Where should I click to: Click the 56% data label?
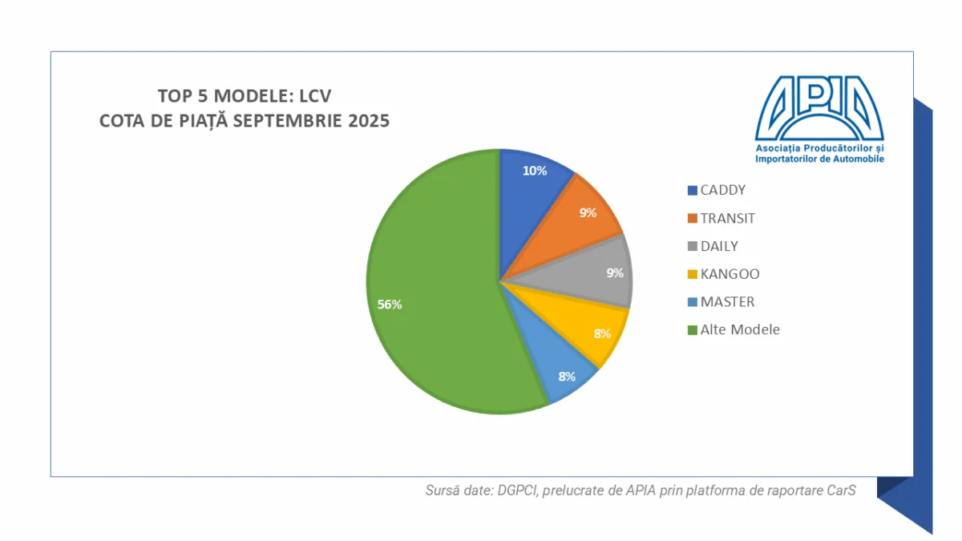[390, 305]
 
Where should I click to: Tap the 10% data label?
[535, 171]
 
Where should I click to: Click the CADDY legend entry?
[722, 190]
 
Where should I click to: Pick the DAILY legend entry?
[719, 246]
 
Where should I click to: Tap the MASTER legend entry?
[727, 302]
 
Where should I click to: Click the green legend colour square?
[692, 330]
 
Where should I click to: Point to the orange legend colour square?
[692, 219]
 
